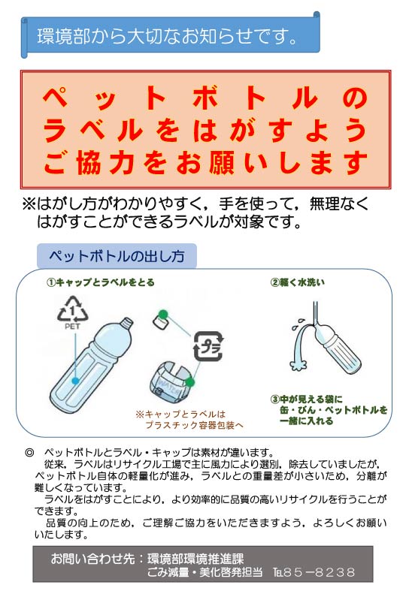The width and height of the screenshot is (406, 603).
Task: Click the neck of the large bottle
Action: point(124,330)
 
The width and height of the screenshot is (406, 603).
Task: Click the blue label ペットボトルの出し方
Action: point(117,256)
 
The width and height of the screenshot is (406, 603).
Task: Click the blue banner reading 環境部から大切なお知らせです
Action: point(169,35)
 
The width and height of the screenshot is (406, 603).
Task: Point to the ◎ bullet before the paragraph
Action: point(29,452)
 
